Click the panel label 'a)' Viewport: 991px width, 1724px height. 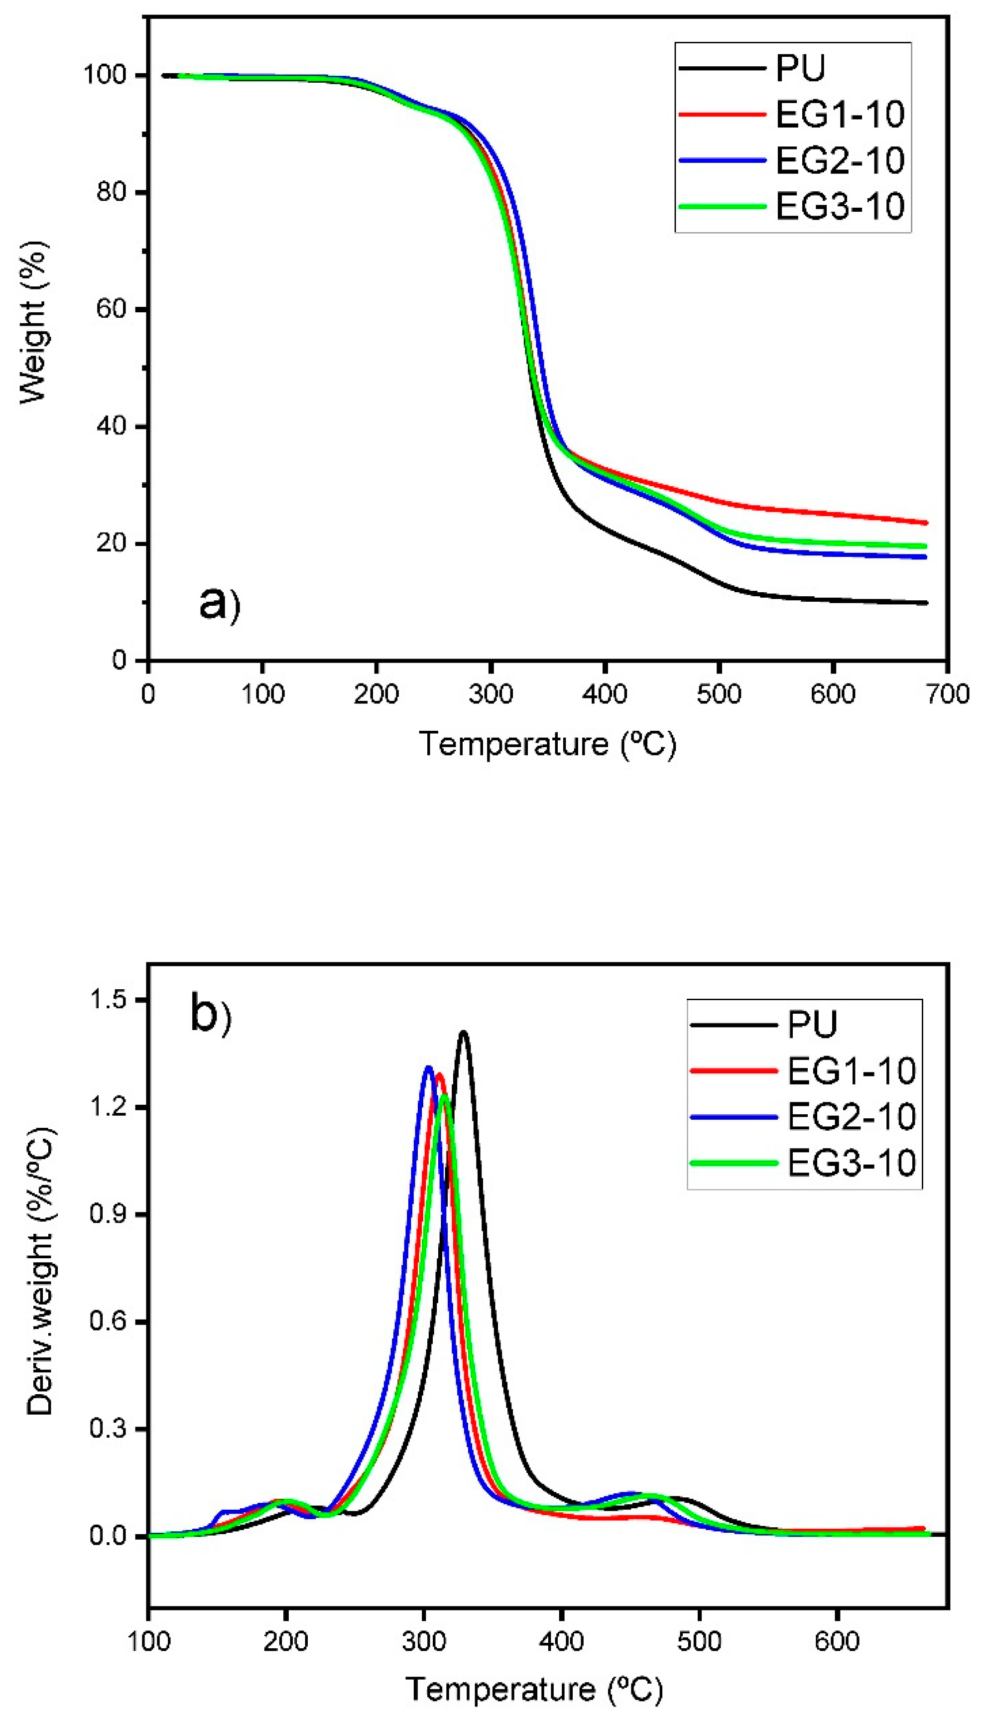tap(220, 604)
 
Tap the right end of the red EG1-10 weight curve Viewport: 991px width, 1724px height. tap(926, 523)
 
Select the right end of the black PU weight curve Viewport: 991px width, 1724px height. tap(926, 603)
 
